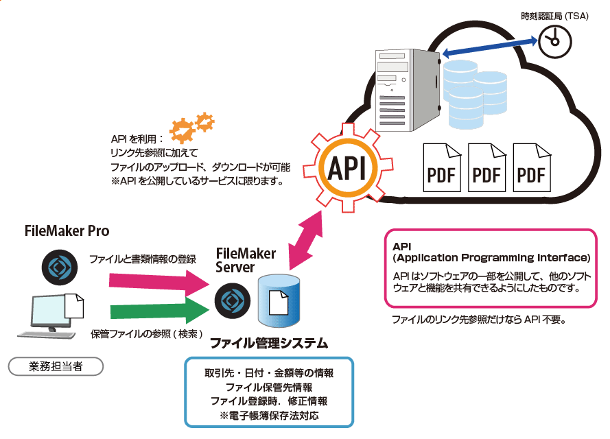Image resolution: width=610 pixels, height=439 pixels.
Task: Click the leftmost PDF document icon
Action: point(441,167)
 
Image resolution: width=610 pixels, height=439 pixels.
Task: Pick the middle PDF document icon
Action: point(486,167)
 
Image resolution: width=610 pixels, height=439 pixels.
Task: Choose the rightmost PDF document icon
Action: point(531,167)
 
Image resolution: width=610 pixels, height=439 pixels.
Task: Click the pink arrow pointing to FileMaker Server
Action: point(158,279)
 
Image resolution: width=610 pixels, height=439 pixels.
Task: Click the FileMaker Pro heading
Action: point(67,230)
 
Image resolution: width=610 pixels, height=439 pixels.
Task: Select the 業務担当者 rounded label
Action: point(56,366)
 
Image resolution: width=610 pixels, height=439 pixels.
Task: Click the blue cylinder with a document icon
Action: point(279,302)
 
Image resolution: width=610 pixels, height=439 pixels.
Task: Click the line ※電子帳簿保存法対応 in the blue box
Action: point(269,416)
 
